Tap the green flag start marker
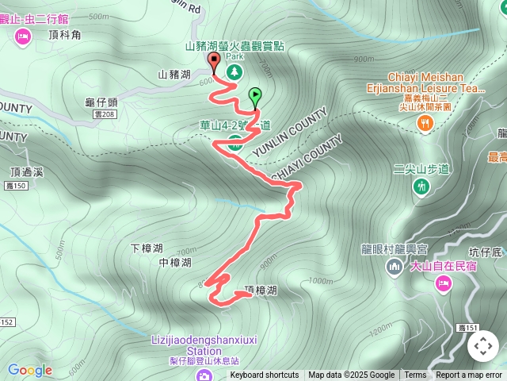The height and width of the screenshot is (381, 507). point(255,96)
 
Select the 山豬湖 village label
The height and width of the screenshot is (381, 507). point(173,75)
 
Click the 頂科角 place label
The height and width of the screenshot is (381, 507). point(64,35)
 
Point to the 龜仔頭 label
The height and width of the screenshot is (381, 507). point(101,102)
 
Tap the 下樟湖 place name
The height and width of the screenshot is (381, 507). point(147,248)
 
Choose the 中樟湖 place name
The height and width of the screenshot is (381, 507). point(175,263)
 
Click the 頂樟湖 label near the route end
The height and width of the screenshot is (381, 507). point(261,291)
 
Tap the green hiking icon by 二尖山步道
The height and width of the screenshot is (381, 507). point(421,186)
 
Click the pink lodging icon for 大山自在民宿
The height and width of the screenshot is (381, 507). point(443,283)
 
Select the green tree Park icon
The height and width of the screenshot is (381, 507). point(234,72)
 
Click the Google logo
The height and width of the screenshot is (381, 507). point(29,370)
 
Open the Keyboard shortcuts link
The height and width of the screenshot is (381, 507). point(265,375)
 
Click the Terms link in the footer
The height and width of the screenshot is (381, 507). point(415,375)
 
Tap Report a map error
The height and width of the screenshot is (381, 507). point(469,375)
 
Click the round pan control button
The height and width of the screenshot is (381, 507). point(483,346)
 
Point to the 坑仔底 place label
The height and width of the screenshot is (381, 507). point(486,252)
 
